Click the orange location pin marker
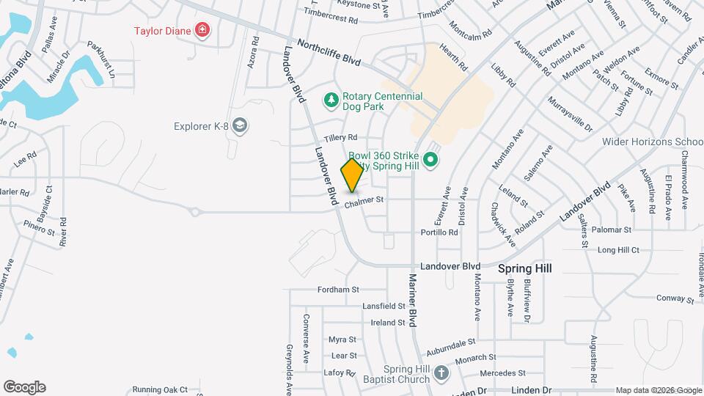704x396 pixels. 352,176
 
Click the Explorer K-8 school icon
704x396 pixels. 239,125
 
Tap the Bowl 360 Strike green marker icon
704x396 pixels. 430,158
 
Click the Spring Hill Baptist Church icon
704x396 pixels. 440,372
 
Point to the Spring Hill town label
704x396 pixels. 524,268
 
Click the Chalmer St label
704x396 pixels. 364,199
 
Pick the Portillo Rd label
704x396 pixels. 439,232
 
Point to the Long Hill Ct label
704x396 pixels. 619,250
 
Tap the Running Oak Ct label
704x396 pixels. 160,389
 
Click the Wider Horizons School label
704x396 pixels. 653,142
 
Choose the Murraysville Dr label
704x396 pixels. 569,114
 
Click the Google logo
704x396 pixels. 24,387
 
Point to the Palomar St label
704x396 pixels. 611,230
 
